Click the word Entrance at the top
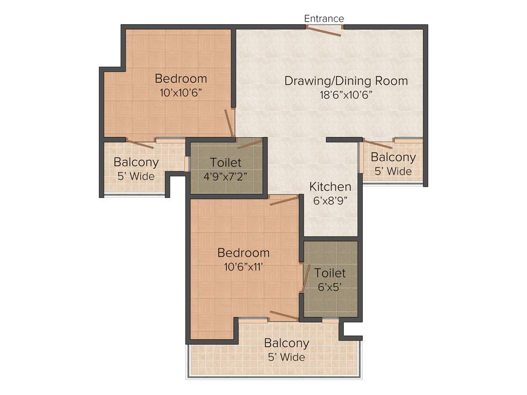tap(324, 19)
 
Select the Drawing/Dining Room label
tap(346, 81)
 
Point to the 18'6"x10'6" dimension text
tap(345, 94)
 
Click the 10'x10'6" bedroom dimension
tap(181, 93)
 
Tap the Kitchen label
tap(330, 187)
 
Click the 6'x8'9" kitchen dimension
tap(330, 200)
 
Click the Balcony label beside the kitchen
tap(393, 157)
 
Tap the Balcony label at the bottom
tap(287, 343)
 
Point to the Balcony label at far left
tap(136, 162)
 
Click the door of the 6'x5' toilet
tap(305, 278)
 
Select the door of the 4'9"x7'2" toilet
tap(250, 144)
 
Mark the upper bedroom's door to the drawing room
tap(229, 122)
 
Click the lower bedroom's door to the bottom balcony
tap(284, 315)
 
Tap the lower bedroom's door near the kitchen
tap(284, 200)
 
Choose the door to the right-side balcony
tap(378, 144)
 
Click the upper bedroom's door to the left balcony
tap(140, 144)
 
